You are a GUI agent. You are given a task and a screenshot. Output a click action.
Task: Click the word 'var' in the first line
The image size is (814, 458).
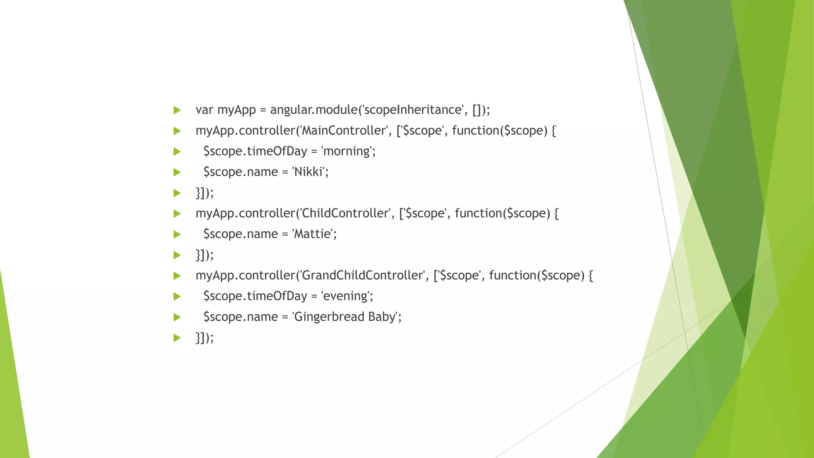(x=204, y=110)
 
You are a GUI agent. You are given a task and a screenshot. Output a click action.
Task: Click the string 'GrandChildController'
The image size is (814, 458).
(x=362, y=275)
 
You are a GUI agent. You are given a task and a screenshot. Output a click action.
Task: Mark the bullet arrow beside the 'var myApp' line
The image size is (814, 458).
(x=177, y=110)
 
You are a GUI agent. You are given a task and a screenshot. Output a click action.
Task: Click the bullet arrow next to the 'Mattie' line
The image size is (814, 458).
(x=177, y=234)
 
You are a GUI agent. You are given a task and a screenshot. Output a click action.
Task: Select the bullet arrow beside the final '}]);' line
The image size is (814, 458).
(x=177, y=338)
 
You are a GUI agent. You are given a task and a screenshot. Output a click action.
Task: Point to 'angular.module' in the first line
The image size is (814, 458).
(x=314, y=110)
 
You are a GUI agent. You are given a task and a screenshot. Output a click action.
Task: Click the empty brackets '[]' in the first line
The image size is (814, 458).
(x=477, y=110)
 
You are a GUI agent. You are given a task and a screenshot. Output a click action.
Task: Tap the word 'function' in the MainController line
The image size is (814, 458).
(x=476, y=130)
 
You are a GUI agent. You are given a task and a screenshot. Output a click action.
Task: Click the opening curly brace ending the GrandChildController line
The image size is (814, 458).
(x=591, y=276)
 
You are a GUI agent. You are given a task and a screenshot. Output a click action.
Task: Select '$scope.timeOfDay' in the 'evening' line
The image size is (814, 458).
(x=255, y=296)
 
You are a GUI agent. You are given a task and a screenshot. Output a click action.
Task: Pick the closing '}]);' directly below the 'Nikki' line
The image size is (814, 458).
(x=204, y=193)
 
